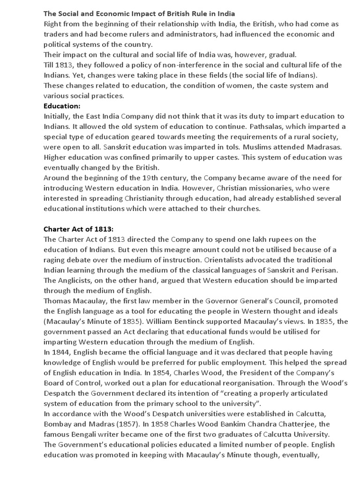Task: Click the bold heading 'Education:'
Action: (62, 106)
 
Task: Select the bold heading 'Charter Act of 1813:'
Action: (78, 229)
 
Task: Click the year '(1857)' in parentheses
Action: (124, 425)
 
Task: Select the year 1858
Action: (157, 425)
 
